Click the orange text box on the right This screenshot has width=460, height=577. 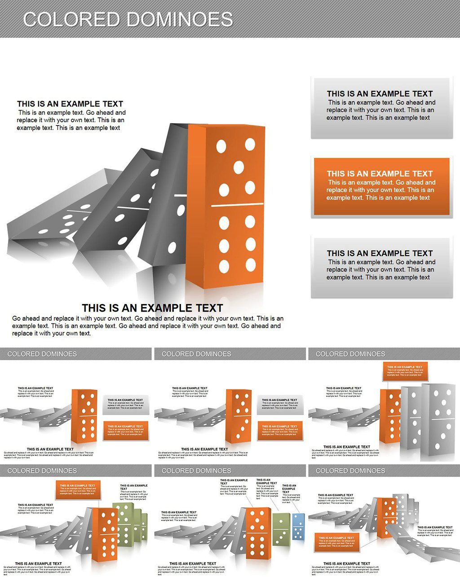381,187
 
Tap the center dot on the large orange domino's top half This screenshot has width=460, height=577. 239,168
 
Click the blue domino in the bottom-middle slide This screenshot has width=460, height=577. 298,527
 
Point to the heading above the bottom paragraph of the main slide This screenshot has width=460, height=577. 152,308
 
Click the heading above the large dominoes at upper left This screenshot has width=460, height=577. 70,104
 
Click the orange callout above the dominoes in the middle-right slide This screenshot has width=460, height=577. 405,371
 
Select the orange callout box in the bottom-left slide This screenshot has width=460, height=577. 78,490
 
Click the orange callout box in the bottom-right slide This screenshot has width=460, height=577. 337,542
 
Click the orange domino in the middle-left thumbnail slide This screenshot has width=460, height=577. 84,415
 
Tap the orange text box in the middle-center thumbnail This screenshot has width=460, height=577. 279,430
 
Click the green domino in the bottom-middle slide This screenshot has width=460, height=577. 281,529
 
